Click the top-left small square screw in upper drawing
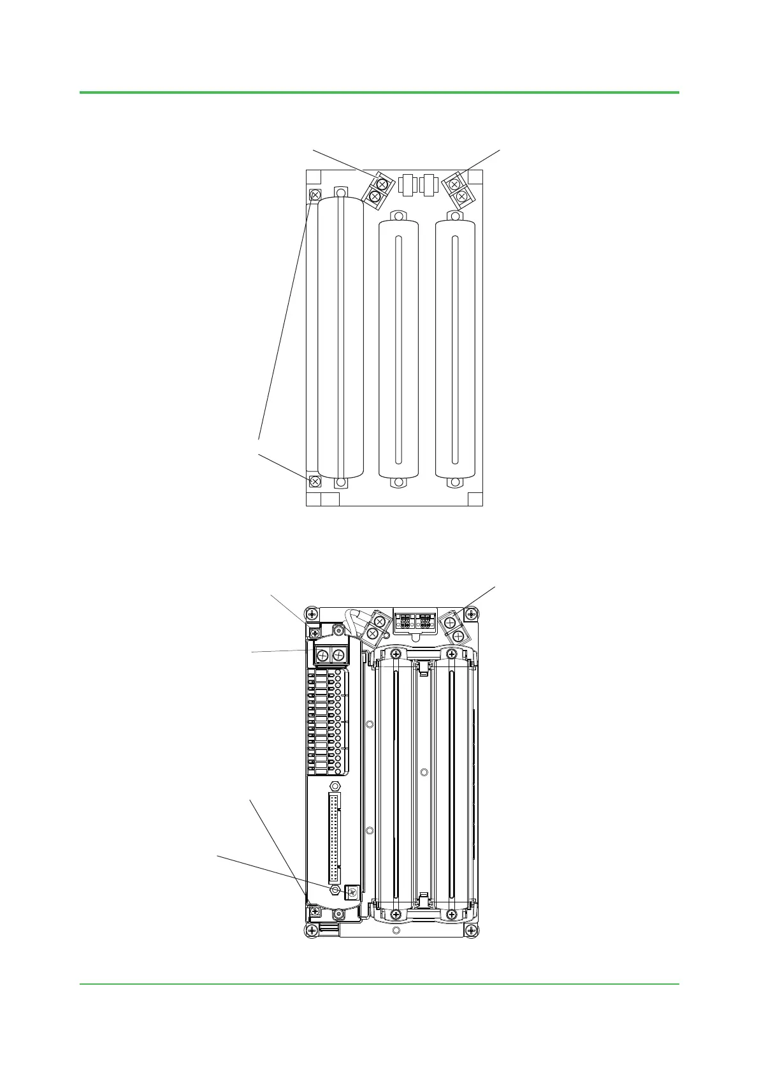click(x=314, y=195)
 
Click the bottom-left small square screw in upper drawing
click(x=314, y=482)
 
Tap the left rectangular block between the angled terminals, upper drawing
click(x=407, y=184)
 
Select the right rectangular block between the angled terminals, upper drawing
click(x=428, y=184)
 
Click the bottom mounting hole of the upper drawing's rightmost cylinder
click(x=455, y=483)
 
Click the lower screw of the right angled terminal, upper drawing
click(x=461, y=196)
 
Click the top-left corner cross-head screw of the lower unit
click(x=311, y=615)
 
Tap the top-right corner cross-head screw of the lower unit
click(x=471, y=615)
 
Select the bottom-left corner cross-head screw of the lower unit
click(x=311, y=931)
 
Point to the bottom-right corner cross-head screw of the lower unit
click(x=471, y=931)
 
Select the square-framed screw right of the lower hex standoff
click(x=352, y=893)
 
